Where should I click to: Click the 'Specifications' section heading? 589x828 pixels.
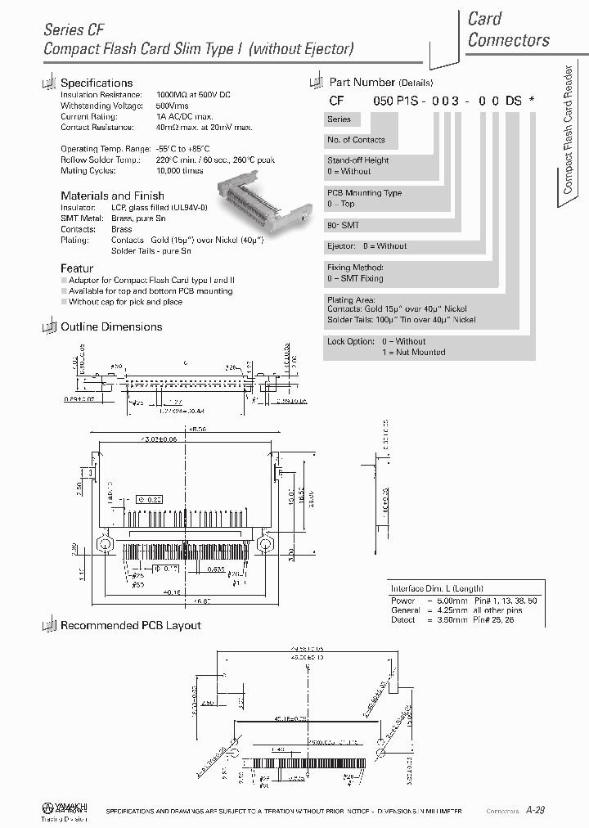[97, 83]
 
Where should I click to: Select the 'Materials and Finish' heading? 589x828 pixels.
[112, 196]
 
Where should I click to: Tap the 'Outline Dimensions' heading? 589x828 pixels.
[111, 326]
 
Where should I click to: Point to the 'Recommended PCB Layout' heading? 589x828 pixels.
[131, 625]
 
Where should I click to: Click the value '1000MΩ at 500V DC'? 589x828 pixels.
[193, 96]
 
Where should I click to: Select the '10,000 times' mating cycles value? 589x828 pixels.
[179, 170]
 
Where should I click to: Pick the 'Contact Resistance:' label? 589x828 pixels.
[97, 128]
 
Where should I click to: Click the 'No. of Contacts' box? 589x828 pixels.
[356, 140]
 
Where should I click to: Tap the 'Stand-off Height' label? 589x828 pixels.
[358, 160]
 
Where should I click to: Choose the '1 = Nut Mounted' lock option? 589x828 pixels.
[413, 352]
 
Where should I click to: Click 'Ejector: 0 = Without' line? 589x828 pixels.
[366, 245]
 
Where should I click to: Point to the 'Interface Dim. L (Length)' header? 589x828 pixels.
[436, 588]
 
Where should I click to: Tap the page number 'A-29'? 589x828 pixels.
[535, 809]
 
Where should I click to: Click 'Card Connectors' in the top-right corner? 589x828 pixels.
[508, 29]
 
